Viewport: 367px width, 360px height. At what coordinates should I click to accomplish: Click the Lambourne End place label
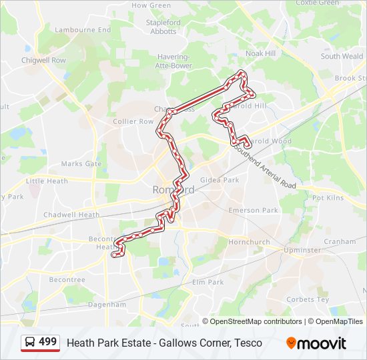coord(83,30)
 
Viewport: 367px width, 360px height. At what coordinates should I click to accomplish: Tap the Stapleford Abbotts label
coord(163,27)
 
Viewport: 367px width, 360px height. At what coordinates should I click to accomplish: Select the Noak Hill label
coord(260,53)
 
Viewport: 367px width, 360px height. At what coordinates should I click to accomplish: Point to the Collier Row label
coord(133,121)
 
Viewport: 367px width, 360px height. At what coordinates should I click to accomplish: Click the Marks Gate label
coord(81,163)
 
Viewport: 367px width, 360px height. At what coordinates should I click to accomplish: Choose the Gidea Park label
coord(220,180)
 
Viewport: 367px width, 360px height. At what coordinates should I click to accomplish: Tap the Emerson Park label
coord(253,210)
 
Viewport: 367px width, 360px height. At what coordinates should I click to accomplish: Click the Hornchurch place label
coord(249,241)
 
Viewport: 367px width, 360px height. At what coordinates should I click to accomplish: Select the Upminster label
coord(302,250)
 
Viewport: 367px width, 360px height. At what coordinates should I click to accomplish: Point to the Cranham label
coord(340,241)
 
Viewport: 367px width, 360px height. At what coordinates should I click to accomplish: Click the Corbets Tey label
coord(308,299)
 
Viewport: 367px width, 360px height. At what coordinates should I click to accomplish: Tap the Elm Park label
coord(208,282)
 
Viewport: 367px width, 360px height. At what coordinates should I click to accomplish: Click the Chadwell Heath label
coord(71,215)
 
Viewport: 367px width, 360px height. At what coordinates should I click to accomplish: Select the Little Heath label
coord(47,181)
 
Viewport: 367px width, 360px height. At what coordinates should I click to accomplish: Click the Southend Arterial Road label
coord(263,166)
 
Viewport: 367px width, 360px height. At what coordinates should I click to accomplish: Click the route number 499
coord(47,342)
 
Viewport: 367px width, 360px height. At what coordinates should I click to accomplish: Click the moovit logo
coord(316,343)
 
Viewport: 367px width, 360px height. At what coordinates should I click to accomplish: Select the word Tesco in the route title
coord(248,343)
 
